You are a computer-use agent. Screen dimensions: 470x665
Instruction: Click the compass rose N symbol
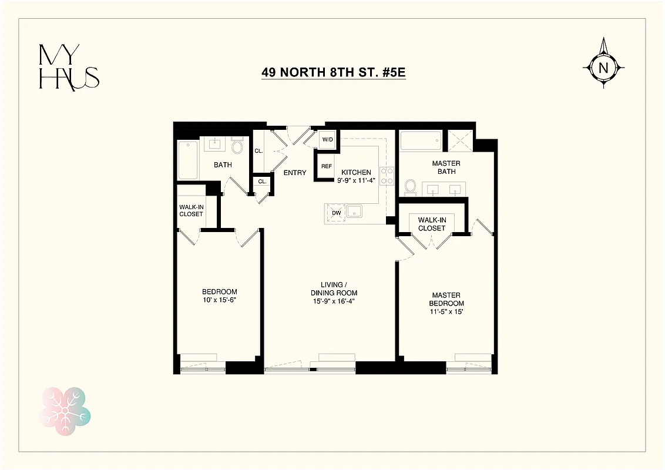point(603,67)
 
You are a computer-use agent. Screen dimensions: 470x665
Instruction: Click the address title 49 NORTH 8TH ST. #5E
point(333,73)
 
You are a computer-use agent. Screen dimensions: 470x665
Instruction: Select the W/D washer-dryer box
point(327,140)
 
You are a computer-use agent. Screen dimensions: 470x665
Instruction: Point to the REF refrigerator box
point(326,166)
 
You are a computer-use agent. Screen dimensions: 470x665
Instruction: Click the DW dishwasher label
point(336,213)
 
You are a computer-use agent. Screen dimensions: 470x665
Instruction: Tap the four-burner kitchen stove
point(388,176)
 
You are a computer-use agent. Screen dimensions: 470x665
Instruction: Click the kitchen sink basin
point(355,211)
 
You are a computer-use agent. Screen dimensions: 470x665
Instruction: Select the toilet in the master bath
point(411,187)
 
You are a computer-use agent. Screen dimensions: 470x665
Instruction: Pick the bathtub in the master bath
point(421,141)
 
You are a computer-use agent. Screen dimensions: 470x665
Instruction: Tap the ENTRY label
point(294,173)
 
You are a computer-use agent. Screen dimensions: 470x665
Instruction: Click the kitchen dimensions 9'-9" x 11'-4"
point(357,180)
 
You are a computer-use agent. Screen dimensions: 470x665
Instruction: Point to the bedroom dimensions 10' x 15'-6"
point(219,300)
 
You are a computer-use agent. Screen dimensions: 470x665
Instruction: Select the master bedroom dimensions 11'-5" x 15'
point(446,311)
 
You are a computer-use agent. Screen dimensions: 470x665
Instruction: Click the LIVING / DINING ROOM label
point(334,289)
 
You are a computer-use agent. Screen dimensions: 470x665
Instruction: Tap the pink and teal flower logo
point(65,411)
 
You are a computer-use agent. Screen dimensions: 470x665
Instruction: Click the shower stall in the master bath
point(460,141)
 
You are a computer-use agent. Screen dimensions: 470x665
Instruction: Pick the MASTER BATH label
point(446,167)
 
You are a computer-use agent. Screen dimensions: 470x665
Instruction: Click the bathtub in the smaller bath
point(189,160)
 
